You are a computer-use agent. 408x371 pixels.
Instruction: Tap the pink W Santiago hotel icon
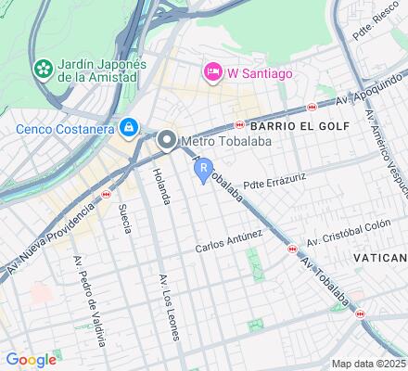[212, 71]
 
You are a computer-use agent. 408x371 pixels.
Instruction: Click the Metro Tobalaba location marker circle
[168, 141]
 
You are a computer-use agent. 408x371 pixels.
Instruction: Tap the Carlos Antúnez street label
[229, 244]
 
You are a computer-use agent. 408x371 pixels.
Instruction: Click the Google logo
[31, 360]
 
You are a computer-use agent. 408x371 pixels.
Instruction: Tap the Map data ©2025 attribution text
[369, 364]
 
